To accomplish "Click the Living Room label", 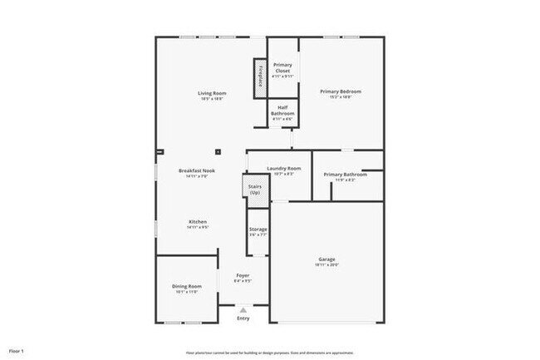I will point(212,92).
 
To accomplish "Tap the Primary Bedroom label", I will point(341,91).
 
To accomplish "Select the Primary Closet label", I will point(282,67).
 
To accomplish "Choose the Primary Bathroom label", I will point(345,174).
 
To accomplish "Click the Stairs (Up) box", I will point(255,190).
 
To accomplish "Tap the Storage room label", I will point(258,229).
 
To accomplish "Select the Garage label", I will point(326,259).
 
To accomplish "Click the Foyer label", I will point(243,275).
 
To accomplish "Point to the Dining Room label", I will point(187,286).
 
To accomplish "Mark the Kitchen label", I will point(198,221).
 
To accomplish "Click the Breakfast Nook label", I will point(198,170).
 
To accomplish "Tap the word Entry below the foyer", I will point(243,318).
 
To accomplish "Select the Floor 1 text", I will point(17,351).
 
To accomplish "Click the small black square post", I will point(218,152).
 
